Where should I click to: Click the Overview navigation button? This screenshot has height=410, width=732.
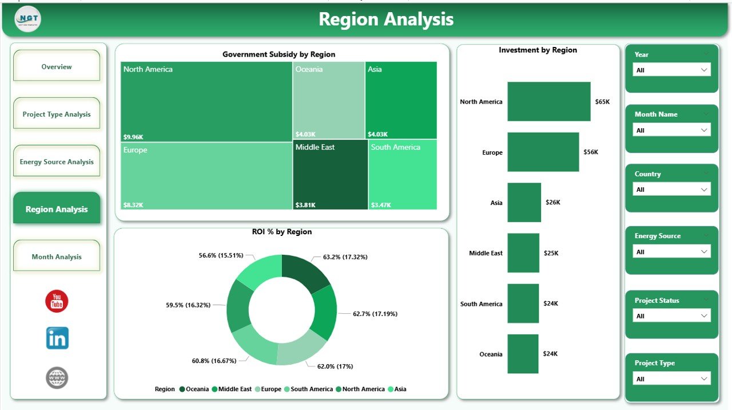(x=57, y=66)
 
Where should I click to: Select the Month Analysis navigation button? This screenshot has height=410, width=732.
(x=57, y=257)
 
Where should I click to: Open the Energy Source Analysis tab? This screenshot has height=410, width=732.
(x=57, y=161)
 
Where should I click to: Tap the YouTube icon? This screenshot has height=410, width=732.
(x=57, y=301)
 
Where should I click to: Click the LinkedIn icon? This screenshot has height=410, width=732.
(x=57, y=338)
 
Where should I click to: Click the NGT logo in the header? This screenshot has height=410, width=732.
(x=27, y=19)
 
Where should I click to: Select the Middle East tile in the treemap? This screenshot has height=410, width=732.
(x=330, y=175)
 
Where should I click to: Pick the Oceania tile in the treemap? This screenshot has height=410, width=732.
(x=329, y=100)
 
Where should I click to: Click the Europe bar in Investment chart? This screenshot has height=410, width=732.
(x=543, y=152)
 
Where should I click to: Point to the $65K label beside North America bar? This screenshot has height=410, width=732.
(x=603, y=102)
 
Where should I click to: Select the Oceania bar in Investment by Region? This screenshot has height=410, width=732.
(x=523, y=354)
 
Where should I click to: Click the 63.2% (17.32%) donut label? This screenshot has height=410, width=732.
(x=345, y=257)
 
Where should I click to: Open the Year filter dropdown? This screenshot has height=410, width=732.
(x=671, y=70)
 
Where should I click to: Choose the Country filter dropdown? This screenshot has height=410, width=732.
(x=671, y=190)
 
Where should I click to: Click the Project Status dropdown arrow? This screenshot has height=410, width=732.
(x=704, y=316)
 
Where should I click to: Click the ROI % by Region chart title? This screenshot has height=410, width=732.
(x=281, y=232)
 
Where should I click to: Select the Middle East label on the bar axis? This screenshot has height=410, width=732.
(x=486, y=253)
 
